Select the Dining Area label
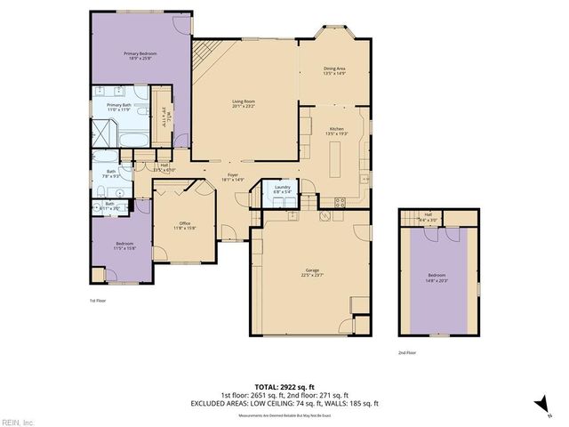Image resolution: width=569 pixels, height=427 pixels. pyautogui.click(x=335, y=69)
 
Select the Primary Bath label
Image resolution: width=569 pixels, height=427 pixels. pyautogui.click(x=119, y=107)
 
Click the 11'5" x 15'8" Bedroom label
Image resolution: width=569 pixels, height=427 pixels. pyautogui.click(x=124, y=246)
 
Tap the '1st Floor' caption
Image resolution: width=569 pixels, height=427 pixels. pyautogui.click(x=98, y=301)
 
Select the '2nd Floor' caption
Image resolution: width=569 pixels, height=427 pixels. pyautogui.click(x=407, y=352)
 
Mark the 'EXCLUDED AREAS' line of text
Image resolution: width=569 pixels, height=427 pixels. pyautogui.click(x=284, y=403)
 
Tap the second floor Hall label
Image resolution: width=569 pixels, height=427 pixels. pyautogui.click(x=428, y=214)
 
